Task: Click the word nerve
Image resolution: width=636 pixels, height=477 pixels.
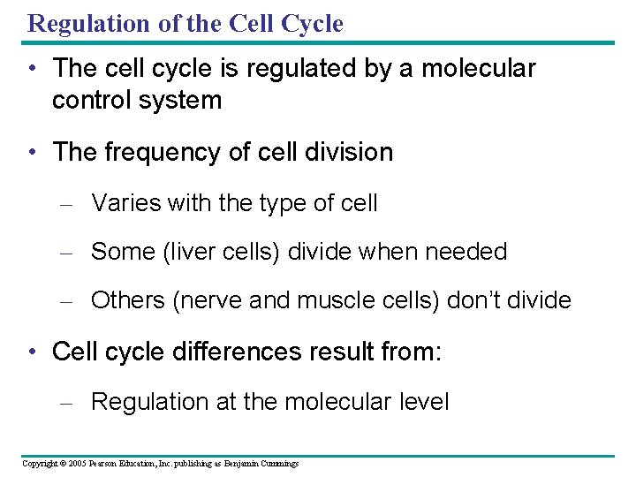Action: (x=212, y=300)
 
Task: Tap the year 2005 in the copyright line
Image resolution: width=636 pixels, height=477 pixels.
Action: (x=77, y=464)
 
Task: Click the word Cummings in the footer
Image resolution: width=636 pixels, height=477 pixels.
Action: (x=276, y=464)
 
